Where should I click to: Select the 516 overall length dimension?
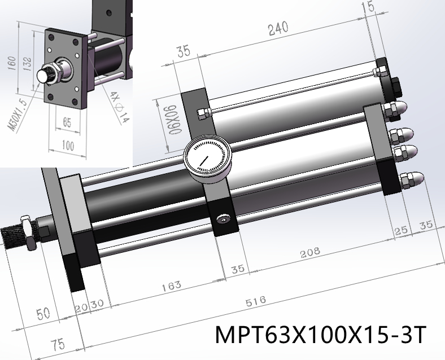point(256,301)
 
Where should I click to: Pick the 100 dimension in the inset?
point(67,146)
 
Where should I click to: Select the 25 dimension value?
point(402,230)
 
